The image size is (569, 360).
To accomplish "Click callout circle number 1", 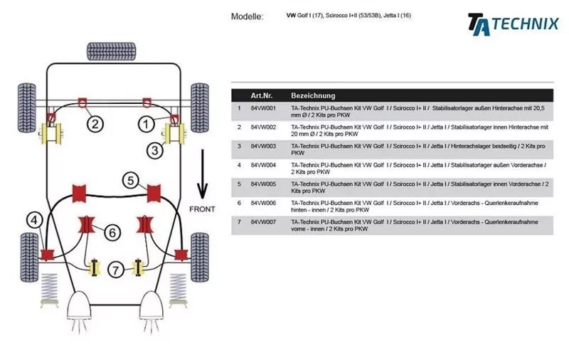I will (x=145, y=125).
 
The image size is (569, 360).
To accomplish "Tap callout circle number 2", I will (x=95, y=124).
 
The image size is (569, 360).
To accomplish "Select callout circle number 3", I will (x=155, y=149).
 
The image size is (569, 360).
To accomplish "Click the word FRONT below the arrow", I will (x=202, y=210).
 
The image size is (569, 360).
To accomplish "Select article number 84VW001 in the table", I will (x=263, y=108).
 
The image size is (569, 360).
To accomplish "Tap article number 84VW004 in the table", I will (x=263, y=164).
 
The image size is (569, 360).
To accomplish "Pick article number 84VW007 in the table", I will (x=263, y=221).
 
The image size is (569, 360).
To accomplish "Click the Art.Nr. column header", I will (x=262, y=95).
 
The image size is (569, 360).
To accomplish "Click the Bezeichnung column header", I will (x=313, y=95).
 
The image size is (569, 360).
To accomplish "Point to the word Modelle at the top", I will (x=247, y=16).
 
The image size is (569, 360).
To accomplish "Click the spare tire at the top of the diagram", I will (x=111, y=51).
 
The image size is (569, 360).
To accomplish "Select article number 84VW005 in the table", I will (x=263, y=184).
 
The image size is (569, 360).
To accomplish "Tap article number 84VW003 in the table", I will (x=263, y=146).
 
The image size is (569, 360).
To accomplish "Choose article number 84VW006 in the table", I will (x=263, y=202).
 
